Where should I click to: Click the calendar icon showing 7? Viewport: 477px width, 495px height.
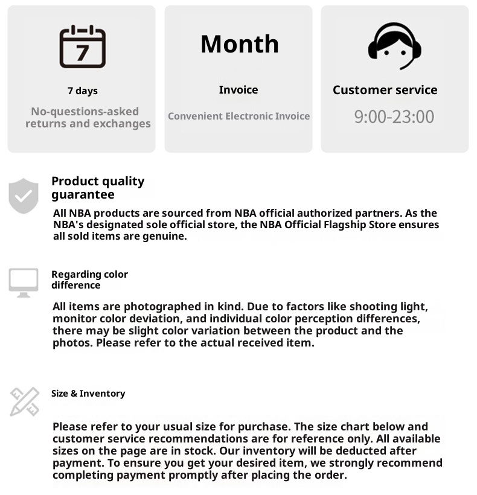coord(82,46)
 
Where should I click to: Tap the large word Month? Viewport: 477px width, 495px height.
coord(240,44)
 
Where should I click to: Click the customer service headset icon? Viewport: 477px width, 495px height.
coord(394,46)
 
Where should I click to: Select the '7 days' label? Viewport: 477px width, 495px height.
coord(82,91)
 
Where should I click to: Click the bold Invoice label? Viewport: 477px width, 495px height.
coord(238,90)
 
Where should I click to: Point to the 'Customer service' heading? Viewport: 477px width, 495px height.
coord(385,90)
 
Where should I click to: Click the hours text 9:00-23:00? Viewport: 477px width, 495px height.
coord(394,117)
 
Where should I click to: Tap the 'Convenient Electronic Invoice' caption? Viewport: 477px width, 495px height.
coord(238,116)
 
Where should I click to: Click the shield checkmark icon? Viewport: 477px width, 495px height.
coord(24,196)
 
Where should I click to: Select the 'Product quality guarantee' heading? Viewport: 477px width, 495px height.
coord(98,188)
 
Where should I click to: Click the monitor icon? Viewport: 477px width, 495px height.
coord(24,283)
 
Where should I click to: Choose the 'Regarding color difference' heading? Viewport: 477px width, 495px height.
coord(89,279)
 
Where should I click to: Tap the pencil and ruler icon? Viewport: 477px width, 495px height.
coord(25,401)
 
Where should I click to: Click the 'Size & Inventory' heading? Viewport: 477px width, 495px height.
coord(88,394)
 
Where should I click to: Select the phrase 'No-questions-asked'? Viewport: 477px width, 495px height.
coord(85,112)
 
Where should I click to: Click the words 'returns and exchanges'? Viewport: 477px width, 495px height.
coord(88,124)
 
